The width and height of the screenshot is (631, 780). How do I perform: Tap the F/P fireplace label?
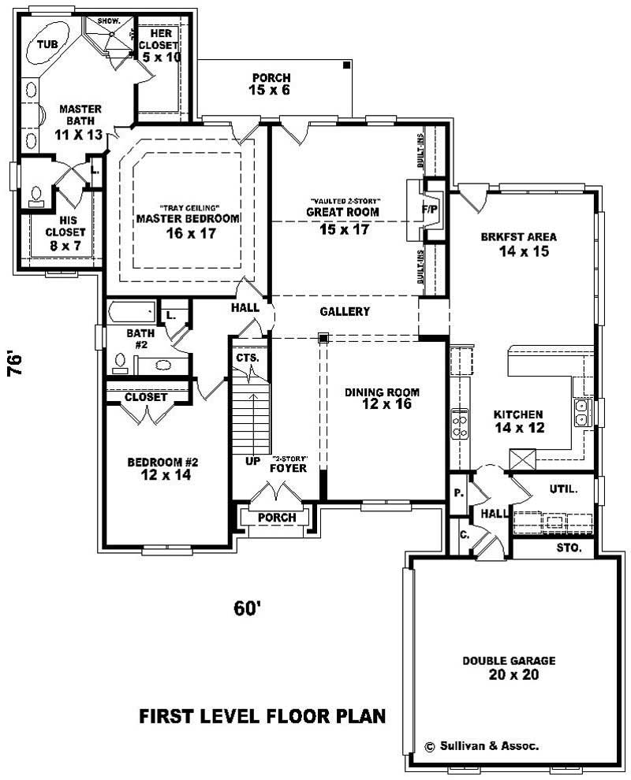coord(431,210)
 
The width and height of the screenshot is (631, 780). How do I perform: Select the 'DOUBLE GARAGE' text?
coord(509,660)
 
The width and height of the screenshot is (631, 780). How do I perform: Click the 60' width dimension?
coord(248,608)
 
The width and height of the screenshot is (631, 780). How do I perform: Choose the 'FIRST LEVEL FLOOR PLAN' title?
coord(262,716)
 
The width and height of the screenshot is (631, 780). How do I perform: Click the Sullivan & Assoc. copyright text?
coord(482,745)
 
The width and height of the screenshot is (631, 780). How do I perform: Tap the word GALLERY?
coord(345,311)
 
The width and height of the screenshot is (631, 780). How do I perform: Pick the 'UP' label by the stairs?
coord(252,460)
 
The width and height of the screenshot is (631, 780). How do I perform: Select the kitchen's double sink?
coord(583,412)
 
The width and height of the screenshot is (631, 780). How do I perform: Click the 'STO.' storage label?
coord(569,547)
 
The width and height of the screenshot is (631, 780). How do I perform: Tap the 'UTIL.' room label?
coord(563,489)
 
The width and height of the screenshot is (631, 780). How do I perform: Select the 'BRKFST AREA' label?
coord(518,237)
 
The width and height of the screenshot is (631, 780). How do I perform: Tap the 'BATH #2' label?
coord(143,339)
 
